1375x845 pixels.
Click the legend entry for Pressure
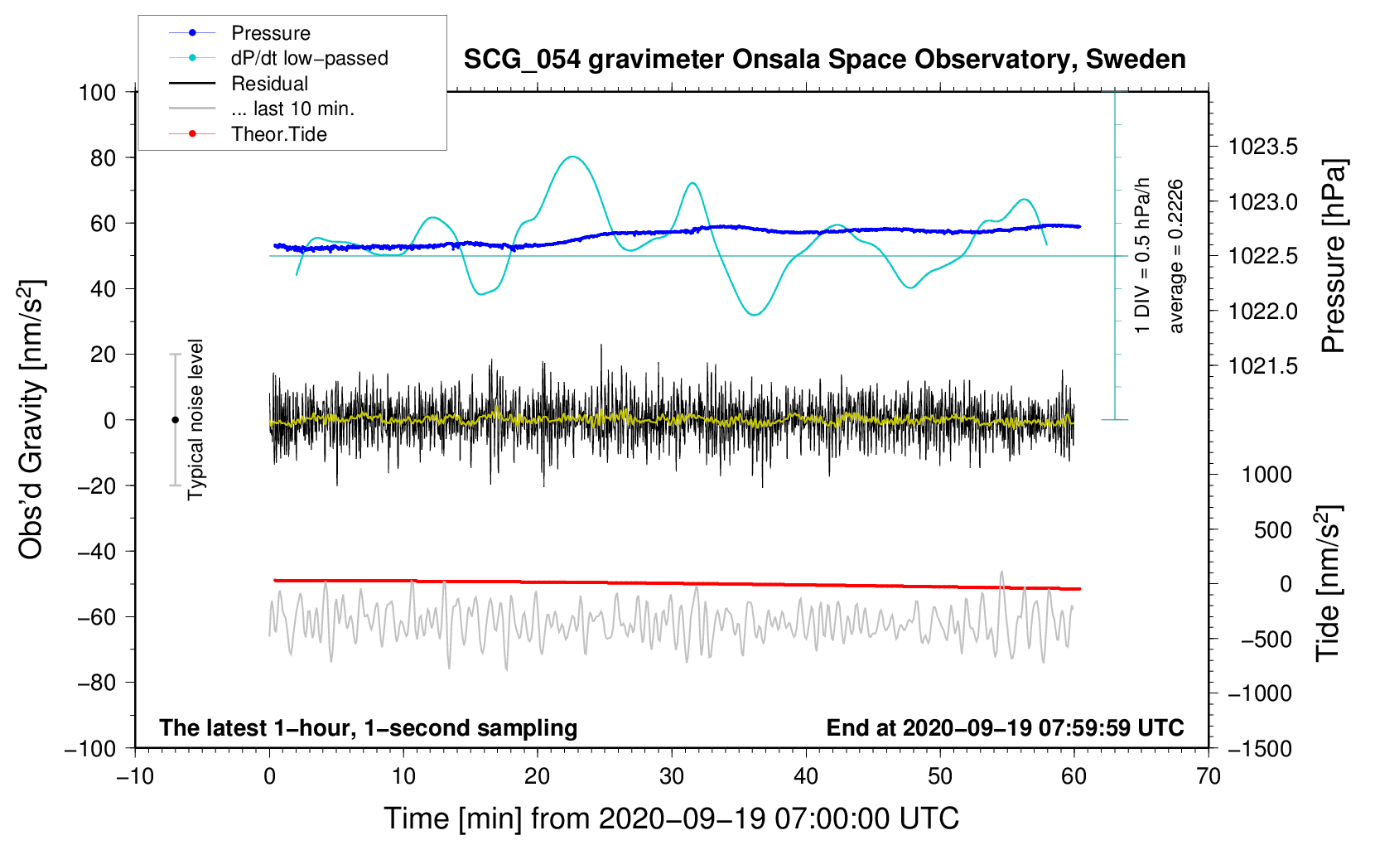point(270,33)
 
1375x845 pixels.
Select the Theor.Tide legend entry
point(278,134)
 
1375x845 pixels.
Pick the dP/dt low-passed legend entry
point(309,59)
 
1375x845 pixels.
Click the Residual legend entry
point(269,84)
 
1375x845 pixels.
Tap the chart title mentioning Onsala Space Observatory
point(824,60)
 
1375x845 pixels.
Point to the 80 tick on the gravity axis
point(103,157)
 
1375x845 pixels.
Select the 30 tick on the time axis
point(672,776)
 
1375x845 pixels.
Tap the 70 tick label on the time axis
point(1209,776)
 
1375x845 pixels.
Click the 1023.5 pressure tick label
point(1263,147)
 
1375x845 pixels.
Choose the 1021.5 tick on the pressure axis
point(1263,366)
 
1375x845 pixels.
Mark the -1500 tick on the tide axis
point(1260,748)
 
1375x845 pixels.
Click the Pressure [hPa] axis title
point(1334,257)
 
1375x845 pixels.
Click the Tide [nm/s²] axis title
point(1328,583)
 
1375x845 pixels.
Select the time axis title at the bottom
point(671,818)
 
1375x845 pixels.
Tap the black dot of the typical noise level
point(175,420)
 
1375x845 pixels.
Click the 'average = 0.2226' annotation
point(1176,257)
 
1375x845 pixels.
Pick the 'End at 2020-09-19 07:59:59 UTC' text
point(1005,728)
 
